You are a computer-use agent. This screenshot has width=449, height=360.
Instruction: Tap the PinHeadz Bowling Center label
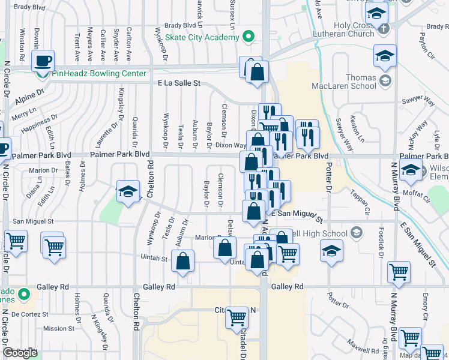99,73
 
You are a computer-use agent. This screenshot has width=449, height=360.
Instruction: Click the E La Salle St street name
179,85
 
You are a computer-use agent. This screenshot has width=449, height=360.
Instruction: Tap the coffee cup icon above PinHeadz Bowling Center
43,61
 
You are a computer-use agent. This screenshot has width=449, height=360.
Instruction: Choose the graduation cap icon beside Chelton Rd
127,191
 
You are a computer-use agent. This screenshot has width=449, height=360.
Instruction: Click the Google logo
20,353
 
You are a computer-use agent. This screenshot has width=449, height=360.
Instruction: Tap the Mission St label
59,328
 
